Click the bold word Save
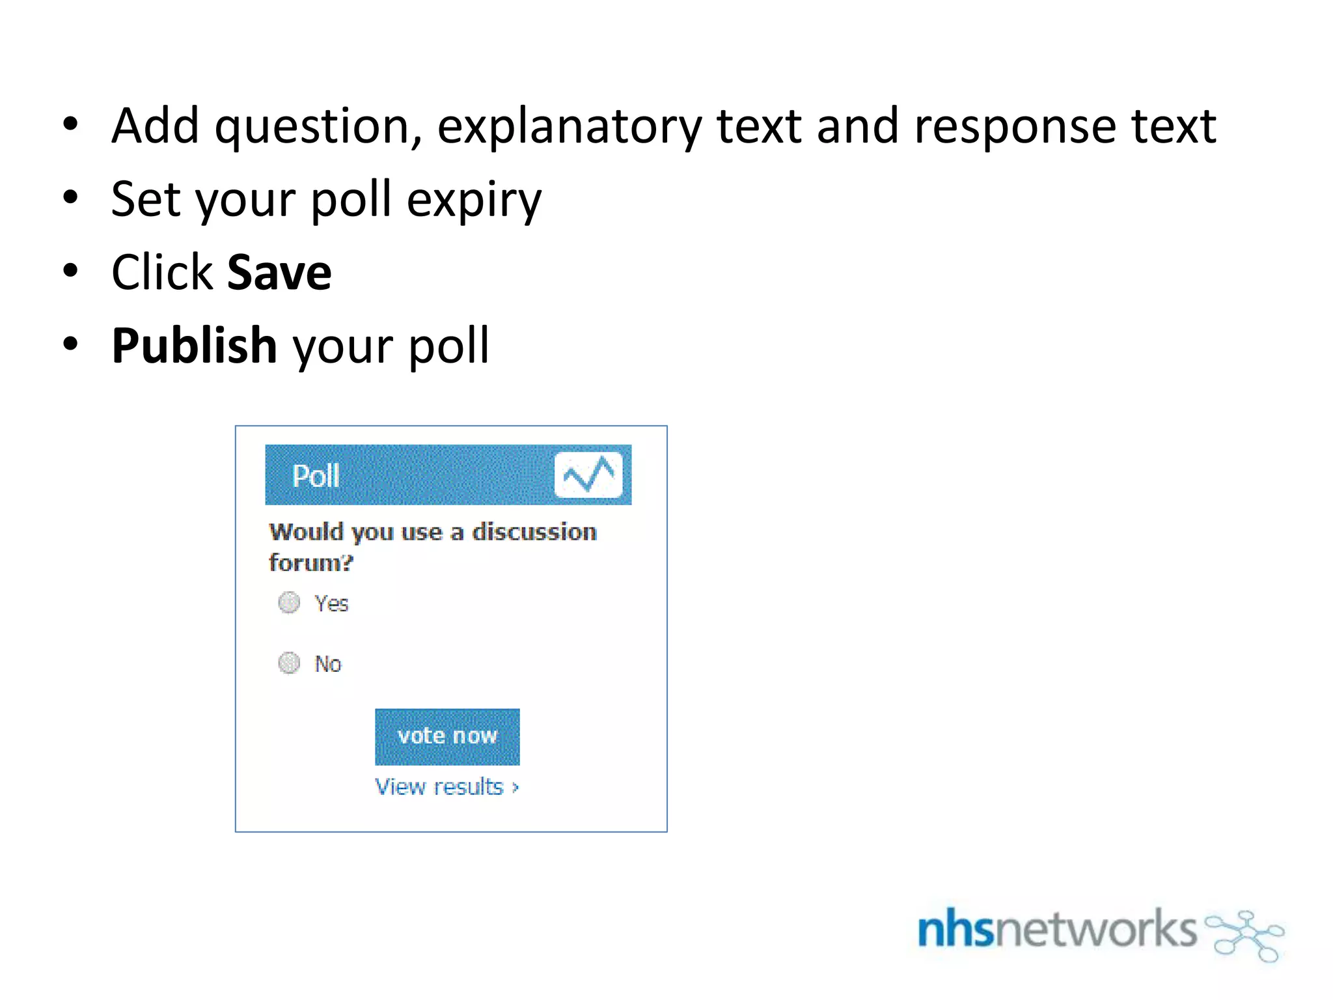pos(279,273)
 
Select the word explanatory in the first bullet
pos(570,127)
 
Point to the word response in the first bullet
pos(1015,127)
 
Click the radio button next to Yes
pos(289,603)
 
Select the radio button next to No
pos(289,663)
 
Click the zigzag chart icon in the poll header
pos(588,475)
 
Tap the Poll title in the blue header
pos(316,476)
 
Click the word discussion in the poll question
pos(534,532)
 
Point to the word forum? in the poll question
pos(310,562)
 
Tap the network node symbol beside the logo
pos(1244,935)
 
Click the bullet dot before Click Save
pos(70,270)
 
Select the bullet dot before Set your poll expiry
pos(70,197)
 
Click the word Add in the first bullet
pos(155,126)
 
